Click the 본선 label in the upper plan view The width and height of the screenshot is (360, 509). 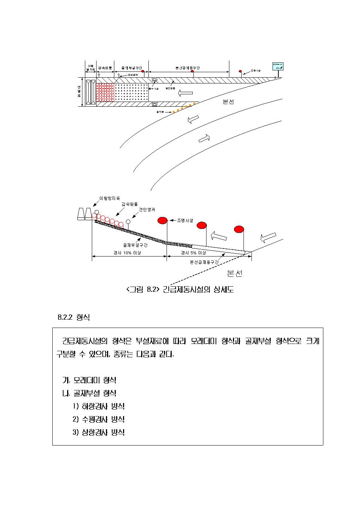tap(228, 102)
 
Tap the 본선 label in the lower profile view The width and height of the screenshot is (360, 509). tap(234, 274)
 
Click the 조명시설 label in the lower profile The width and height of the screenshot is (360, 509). tap(185, 220)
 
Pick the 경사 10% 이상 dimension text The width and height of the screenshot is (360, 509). tap(127, 253)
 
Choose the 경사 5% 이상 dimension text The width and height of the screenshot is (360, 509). tap(193, 253)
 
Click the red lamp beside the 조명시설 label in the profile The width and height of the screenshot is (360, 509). tap(163, 220)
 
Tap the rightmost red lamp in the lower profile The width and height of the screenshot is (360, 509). tap(239, 229)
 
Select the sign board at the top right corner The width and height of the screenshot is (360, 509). tap(278, 66)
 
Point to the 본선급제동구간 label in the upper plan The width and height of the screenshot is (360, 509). tap(188, 68)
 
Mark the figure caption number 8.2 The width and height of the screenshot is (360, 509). tap(152, 289)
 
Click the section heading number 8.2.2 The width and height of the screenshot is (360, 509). tap(65, 317)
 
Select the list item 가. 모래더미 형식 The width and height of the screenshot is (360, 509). tap(90, 380)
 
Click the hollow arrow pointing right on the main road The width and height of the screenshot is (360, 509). tap(204, 139)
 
